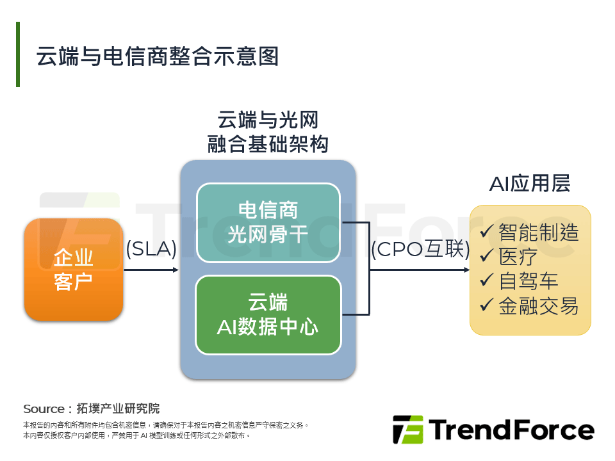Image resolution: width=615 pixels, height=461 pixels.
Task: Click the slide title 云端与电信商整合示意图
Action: tap(157, 56)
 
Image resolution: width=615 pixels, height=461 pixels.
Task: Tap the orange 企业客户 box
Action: tap(73, 270)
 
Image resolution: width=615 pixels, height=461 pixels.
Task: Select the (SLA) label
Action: tap(151, 248)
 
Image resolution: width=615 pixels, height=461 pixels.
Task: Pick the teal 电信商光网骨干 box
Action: tap(268, 223)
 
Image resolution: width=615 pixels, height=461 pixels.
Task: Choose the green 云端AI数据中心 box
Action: tap(268, 315)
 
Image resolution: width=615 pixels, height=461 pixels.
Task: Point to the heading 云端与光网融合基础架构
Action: tap(268, 132)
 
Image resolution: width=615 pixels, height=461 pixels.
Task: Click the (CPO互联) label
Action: tap(420, 249)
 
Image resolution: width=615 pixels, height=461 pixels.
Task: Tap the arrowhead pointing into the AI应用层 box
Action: tap(466, 270)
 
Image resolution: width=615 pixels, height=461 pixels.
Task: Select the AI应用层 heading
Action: tap(530, 184)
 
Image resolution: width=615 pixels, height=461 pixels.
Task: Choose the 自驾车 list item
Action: tap(529, 281)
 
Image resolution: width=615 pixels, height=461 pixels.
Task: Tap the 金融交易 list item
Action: tap(538, 306)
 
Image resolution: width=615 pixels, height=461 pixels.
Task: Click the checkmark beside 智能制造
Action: tap(487, 231)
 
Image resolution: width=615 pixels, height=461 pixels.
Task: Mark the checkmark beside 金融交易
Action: tap(487, 305)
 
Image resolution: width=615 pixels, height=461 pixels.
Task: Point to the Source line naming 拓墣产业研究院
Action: tap(91, 408)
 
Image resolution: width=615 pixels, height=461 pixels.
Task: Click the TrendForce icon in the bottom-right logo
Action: tap(408, 430)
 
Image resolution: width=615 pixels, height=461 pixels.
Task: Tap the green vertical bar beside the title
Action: tap(18, 54)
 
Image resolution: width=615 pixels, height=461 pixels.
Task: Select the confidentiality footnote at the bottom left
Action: tap(167, 430)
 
